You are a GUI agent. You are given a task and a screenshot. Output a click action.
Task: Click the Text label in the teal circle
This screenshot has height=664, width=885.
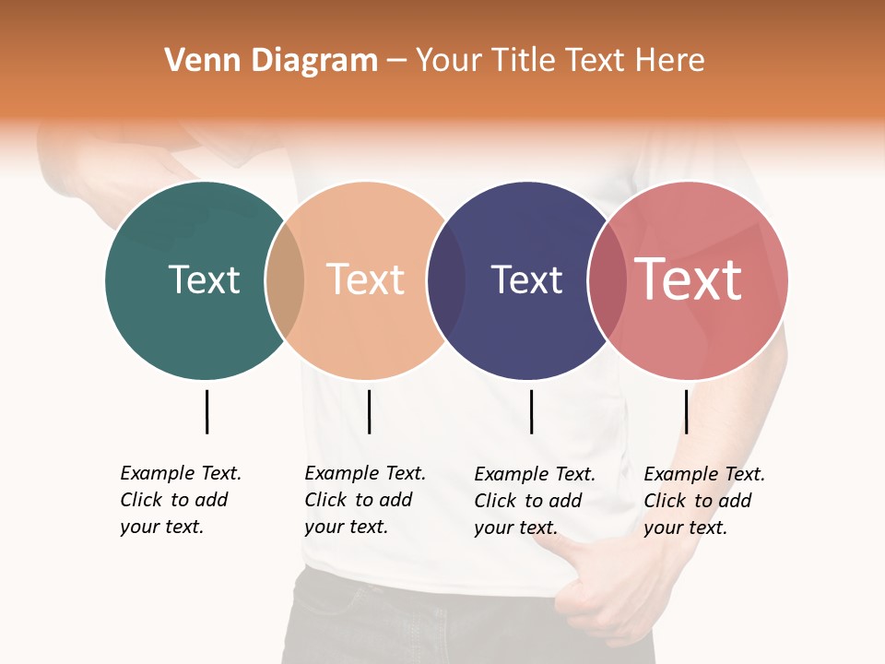pyautogui.click(x=204, y=279)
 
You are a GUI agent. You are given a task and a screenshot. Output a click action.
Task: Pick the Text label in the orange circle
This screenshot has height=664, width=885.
pyautogui.click(x=366, y=279)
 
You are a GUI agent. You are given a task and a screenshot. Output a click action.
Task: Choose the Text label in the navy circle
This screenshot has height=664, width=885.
pyautogui.click(x=526, y=279)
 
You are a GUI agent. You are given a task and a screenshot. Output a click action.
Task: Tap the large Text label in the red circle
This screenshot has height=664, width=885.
pyautogui.click(x=688, y=279)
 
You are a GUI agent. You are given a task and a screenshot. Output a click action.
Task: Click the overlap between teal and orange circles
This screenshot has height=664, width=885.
pyautogui.click(x=285, y=280)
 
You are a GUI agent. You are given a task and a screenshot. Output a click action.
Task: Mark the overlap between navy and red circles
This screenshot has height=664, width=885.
pyautogui.click(x=608, y=280)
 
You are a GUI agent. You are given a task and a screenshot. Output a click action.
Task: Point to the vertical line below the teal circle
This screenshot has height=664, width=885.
pyautogui.click(x=206, y=411)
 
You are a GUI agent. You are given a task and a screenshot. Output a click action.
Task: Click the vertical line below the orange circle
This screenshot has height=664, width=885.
pyautogui.click(x=369, y=411)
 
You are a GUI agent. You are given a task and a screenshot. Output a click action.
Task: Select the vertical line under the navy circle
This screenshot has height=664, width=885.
pyautogui.click(x=531, y=411)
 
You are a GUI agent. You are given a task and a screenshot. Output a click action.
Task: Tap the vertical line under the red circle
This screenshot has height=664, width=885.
pyautogui.click(x=686, y=411)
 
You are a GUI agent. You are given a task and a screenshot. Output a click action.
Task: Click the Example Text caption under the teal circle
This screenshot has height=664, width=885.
pyautogui.click(x=180, y=500)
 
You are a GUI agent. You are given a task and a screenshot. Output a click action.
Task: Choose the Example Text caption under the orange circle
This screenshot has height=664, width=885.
pyautogui.click(x=364, y=500)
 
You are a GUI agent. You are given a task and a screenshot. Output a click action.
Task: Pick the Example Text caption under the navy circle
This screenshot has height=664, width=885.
pyautogui.click(x=534, y=501)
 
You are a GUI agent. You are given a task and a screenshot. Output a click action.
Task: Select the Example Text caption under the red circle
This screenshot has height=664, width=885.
pyautogui.click(x=703, y=501)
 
